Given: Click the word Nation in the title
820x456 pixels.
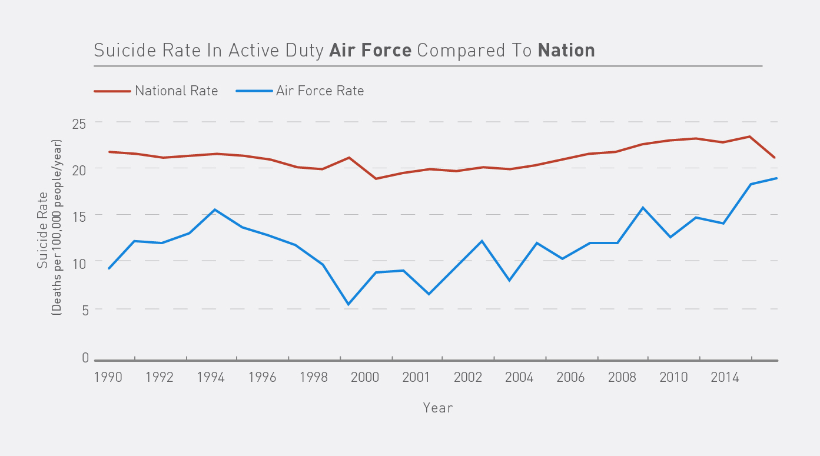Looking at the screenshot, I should [566, 50].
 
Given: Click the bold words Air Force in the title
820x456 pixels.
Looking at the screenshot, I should [370, 50].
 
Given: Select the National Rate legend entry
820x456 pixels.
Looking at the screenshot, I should [176, 91].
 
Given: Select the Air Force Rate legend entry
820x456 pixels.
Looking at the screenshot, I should [320, 91].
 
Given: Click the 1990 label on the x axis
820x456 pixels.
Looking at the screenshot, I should [108, 377].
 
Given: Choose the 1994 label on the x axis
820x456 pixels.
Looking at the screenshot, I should [211, 377].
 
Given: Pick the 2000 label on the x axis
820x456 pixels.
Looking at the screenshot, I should [365, 377].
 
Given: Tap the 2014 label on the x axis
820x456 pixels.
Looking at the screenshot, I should [725, 377].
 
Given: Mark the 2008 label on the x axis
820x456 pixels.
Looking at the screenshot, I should [622, 377].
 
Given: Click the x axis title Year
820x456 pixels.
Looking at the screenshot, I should [438, 407].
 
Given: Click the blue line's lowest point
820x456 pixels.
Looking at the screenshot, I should [348, 304].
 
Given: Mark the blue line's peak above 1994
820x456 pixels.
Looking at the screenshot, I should [215, 209].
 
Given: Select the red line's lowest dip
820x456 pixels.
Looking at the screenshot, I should [376, 178].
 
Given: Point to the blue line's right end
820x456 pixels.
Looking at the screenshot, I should [777, 178].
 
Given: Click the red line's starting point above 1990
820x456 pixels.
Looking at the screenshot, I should [109, 152].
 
